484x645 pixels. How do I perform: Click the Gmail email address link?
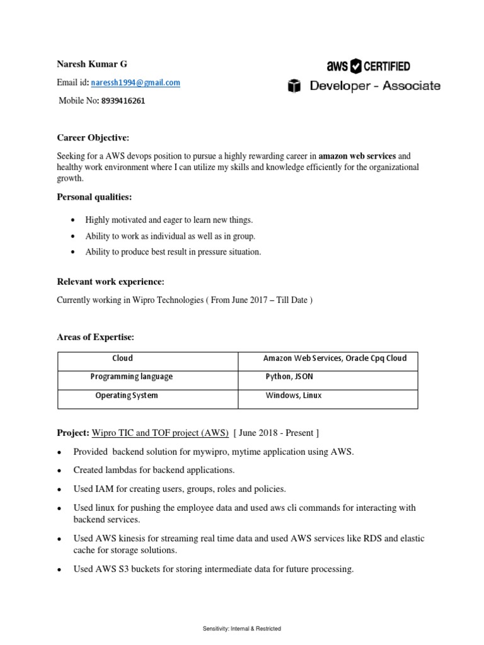point(135,83)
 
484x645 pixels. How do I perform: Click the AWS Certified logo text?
point(368,66)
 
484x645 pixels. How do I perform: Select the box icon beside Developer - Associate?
point(294,86)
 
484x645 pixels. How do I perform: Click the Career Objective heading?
point(93,137)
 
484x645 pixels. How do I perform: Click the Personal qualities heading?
point(95,197)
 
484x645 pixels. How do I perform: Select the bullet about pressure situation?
point(173,252)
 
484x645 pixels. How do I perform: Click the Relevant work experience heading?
point(110,281)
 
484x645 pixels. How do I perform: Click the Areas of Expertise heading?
point(96,338)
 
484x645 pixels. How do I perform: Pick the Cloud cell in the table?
point(122,358)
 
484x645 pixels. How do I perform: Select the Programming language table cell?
point(131,377)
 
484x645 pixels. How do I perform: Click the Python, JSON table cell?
point(289,377)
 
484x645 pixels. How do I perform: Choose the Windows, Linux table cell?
point(293,396)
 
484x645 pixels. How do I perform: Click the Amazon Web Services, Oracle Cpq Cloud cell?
point(335,358)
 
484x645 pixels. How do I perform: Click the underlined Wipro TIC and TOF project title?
point(160,433)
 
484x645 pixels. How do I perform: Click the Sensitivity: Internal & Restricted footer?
point(242,629)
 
